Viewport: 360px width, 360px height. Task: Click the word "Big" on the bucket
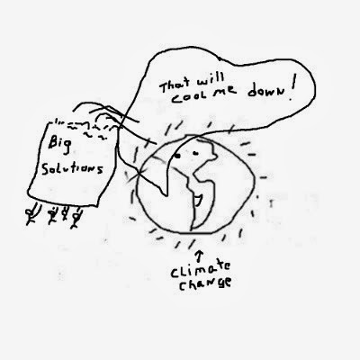60,145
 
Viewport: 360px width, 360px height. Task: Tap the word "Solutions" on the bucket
72,168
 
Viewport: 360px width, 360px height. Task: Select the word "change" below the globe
205,284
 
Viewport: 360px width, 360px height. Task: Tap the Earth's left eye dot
178,156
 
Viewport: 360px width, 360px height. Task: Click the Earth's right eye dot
196,154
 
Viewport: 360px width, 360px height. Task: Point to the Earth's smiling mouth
198,201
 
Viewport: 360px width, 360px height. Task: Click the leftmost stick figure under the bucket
32,214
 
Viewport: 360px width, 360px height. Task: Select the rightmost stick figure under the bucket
76,218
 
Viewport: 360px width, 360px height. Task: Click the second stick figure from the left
53,215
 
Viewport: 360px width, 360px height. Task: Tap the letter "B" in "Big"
53,143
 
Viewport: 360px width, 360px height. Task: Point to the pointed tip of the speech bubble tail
165,196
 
